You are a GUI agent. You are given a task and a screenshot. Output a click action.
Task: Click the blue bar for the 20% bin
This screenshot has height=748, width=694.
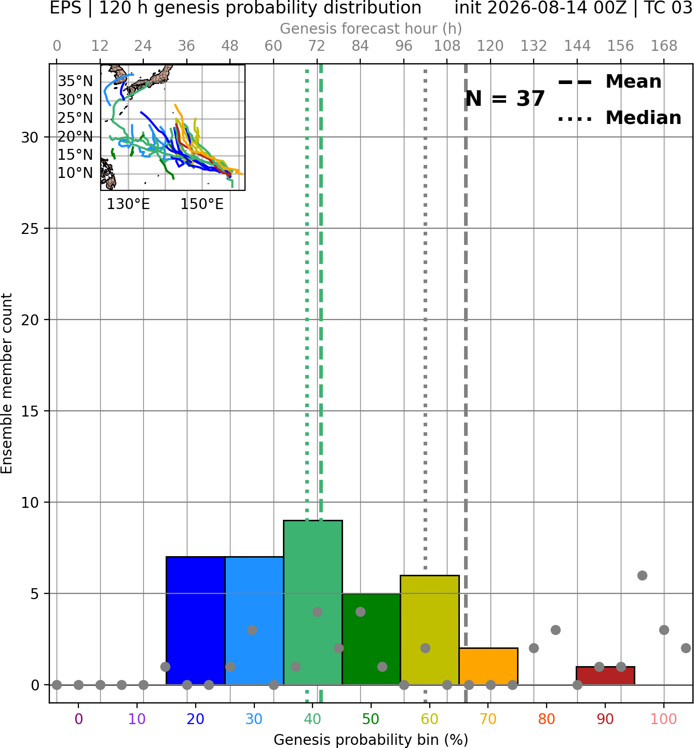[x=195, y=620]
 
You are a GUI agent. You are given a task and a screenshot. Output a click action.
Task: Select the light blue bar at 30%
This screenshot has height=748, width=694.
[x=254, y=620]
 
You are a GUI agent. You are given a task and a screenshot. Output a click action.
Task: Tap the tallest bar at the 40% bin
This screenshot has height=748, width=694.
[x=313, y=602]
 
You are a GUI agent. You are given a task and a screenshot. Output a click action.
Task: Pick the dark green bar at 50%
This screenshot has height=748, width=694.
[x=371, y=639]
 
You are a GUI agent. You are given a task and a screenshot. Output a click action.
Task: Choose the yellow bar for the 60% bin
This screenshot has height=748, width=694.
[x=430, y=630]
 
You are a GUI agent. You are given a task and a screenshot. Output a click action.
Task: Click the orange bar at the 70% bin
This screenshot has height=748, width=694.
[x=488, y=666]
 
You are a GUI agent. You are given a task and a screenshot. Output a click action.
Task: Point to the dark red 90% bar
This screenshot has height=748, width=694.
[x=605, y=676]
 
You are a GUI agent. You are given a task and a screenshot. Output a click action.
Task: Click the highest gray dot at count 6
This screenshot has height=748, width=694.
[x=643, y=575]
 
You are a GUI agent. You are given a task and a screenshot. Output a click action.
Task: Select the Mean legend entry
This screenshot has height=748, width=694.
[x=609, y=82]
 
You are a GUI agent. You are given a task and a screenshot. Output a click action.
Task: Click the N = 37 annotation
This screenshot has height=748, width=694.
[x=505, y=99]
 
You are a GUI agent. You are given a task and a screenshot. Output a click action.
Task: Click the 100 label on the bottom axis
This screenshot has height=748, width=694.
[x=664, y=719]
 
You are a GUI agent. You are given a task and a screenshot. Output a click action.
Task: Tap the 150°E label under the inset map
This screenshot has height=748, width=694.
[x=202, y=204]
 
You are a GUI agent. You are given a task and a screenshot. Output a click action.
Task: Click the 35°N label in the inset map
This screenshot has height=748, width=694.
[x=75, y=81]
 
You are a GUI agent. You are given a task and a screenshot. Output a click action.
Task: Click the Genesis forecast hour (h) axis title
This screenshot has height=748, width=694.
[x=371, y=29]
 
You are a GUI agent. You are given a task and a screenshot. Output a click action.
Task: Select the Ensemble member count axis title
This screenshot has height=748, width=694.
[x=6, y=383]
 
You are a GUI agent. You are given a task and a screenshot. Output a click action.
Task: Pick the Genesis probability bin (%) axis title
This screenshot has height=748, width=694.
[x=371, y=740]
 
